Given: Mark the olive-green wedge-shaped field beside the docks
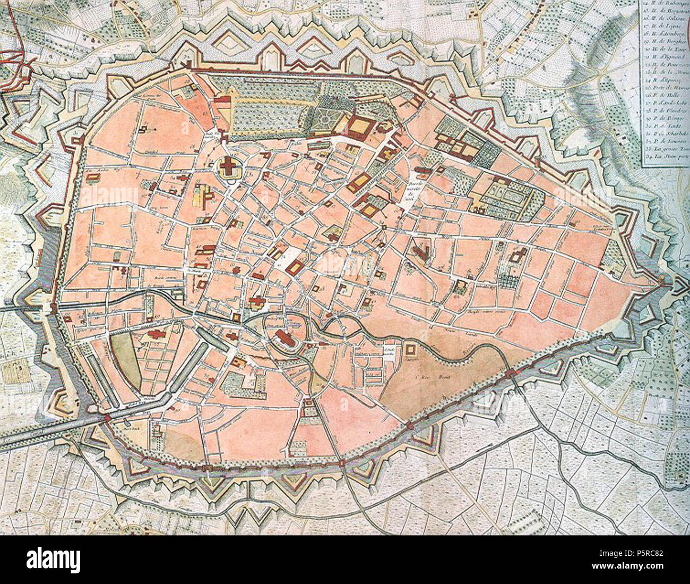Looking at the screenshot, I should [125, 364].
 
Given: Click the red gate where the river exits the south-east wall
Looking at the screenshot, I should [510, 374].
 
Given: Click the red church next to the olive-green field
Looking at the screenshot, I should [158, 336].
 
